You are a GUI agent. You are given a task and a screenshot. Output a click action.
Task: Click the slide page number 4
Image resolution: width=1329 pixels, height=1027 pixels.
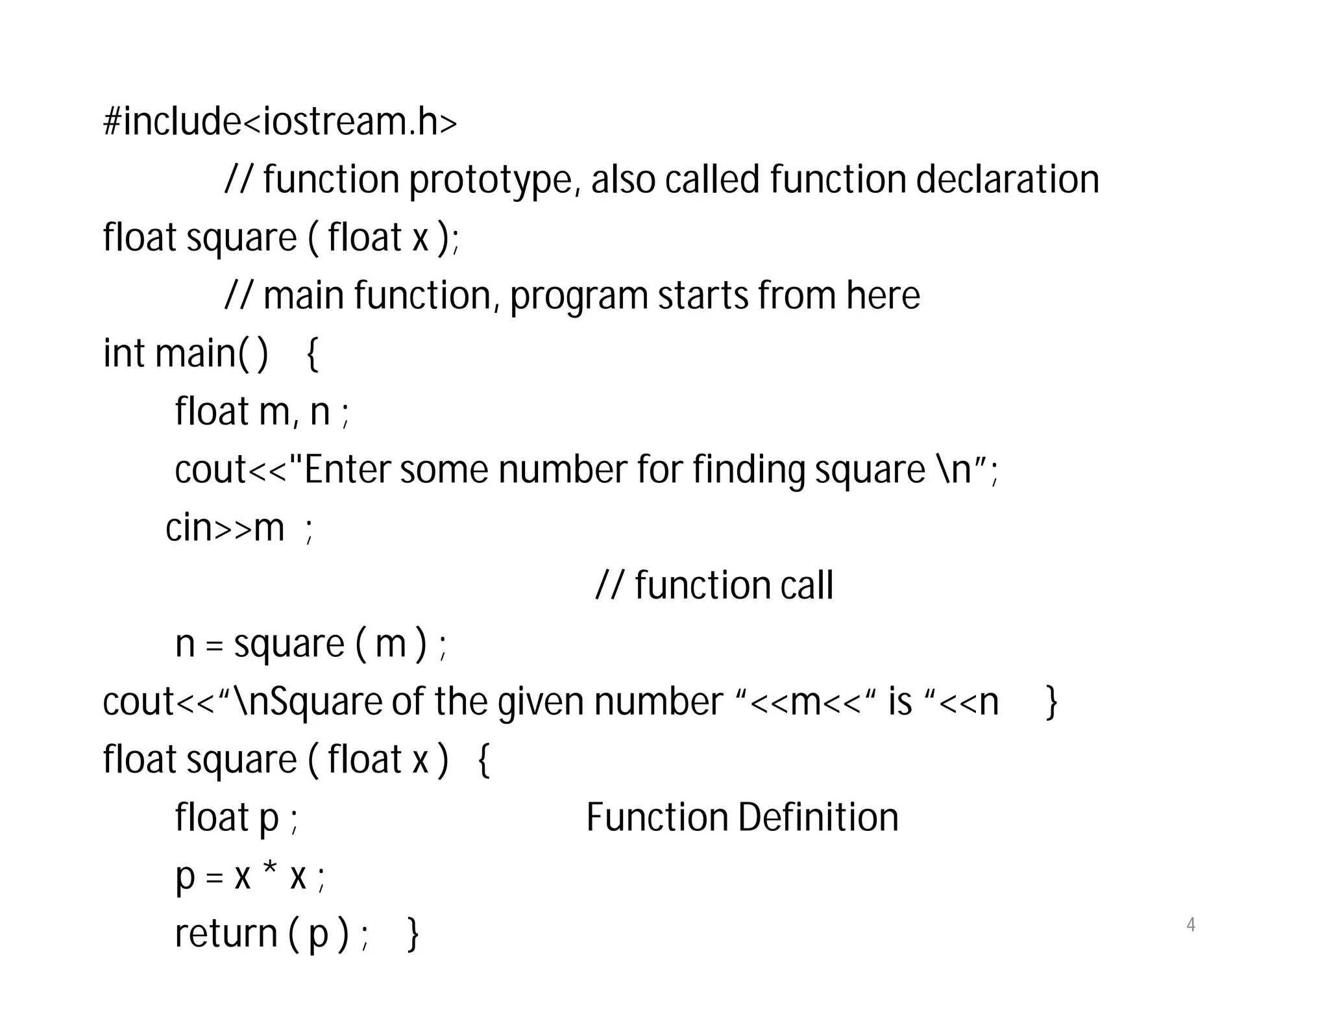(1190, 924)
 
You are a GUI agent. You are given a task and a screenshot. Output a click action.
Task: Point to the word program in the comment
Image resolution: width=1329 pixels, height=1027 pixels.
(578, 297)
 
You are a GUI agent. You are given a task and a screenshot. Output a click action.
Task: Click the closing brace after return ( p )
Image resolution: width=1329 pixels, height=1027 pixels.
(413, 935)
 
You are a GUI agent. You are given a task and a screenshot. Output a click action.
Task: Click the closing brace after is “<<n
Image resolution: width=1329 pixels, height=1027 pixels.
(1052, 702)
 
